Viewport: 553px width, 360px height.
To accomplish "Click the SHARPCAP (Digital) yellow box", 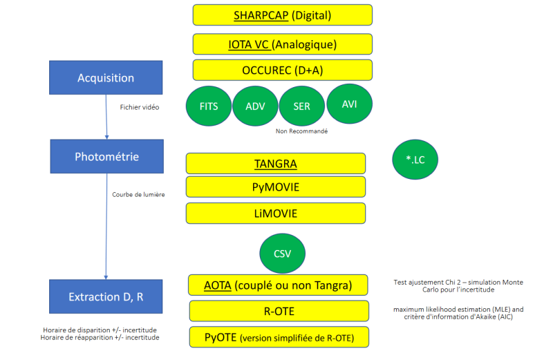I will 282,15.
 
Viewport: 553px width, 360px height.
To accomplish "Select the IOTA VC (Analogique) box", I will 282,44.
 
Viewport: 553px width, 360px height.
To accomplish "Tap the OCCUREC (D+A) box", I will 282,70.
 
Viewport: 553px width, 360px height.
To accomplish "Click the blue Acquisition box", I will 106,77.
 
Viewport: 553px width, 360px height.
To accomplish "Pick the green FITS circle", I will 209,107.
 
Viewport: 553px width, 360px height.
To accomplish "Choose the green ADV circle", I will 255,107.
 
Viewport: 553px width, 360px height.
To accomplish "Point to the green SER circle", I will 301,107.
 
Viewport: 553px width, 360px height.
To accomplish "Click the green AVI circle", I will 349,104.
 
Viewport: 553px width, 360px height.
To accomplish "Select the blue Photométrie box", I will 106,156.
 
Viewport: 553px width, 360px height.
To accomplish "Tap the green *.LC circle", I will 415,160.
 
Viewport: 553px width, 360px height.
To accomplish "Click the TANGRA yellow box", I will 275,164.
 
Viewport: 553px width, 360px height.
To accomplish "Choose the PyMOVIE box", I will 275,187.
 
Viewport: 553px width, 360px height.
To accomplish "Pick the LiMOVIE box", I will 275,213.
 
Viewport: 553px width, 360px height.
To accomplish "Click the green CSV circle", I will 282,253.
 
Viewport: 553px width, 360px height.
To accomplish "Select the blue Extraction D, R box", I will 106,296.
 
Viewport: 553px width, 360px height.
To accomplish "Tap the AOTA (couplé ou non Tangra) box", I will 279,285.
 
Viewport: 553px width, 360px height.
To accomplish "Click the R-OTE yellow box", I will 279,311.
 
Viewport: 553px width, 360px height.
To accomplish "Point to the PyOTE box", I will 279,337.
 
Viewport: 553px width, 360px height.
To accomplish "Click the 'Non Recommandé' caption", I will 301,131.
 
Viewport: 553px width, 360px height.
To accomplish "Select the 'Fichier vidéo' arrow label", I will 140,107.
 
